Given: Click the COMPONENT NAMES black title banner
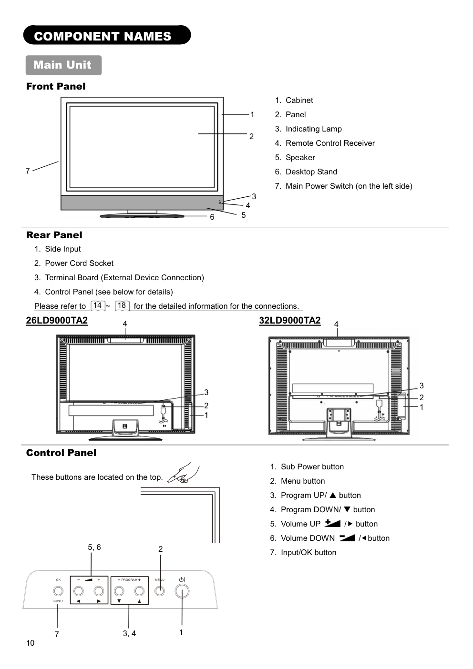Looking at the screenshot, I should click(107, 36).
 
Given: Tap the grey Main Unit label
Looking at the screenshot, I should click(63, 65).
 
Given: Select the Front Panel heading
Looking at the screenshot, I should click(56, 86).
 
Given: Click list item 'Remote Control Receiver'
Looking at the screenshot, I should click(330, 143).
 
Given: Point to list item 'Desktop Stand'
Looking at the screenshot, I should click(311, 172).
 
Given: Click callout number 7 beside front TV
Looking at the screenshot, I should click(28, 171).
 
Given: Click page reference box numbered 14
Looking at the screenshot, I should click(98, 306).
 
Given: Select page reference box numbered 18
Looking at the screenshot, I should click(122, 306).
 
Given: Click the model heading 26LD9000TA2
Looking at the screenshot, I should click(57, 320).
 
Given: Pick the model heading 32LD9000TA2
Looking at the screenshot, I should click(289, 320).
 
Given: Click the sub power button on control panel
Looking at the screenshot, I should click(182, 591).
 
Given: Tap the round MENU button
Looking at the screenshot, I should click(160, 591).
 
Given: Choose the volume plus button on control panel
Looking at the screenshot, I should click(99, 591).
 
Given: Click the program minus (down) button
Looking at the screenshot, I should click(119, 591).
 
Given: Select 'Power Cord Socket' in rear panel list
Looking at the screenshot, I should click(79, 263).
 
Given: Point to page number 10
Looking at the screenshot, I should click(30, 643).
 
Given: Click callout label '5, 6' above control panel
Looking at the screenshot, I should click(94, 547).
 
